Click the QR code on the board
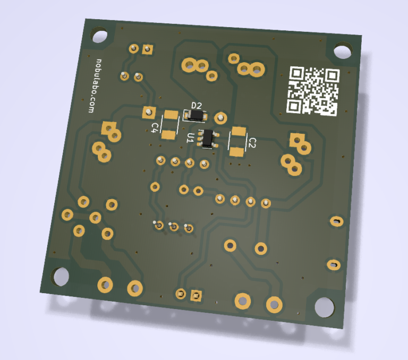[x=313, y=91]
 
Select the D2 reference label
[x=197, y=106]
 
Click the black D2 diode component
[x=196, y=115]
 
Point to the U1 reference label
[x=191, y=138]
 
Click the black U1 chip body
[x=208, y=138]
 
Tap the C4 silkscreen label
[x=155, y=127]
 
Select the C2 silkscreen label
[x=252, y=143]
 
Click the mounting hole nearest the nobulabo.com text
[x=99, y=35]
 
